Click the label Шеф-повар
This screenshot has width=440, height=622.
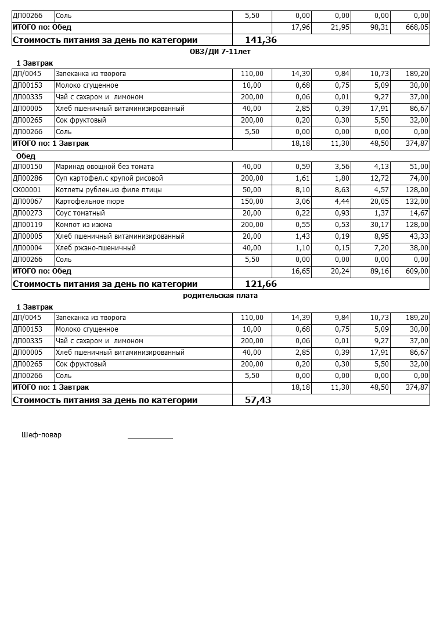41,435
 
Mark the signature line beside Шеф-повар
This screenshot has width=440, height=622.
150,437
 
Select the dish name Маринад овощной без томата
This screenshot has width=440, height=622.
104,167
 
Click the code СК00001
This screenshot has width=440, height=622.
27,190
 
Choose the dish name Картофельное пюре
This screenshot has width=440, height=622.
89,202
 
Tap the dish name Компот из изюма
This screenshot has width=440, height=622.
84,225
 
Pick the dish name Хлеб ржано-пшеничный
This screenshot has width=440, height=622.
95,248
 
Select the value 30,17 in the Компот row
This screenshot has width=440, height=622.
378,225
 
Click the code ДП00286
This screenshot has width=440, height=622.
27,178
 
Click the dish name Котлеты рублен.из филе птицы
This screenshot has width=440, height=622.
109,190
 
